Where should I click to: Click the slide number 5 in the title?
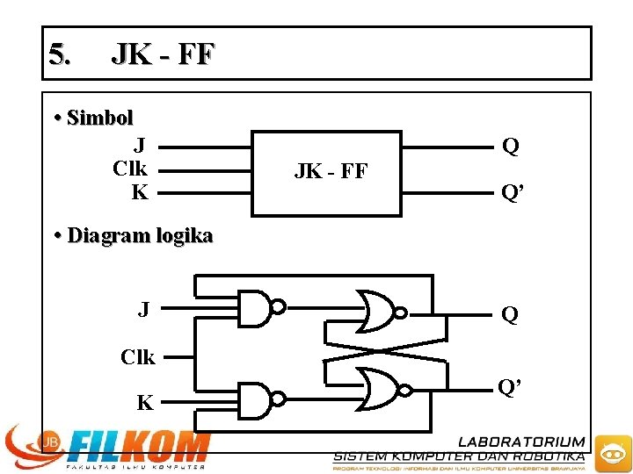58,55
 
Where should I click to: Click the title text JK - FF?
162,55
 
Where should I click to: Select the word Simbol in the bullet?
99,118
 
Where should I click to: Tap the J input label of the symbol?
140,145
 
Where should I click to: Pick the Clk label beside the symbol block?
130,168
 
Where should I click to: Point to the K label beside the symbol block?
140,191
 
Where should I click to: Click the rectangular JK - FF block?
327,173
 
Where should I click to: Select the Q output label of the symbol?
510,146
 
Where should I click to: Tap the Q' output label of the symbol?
513,191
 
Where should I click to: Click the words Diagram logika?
140,236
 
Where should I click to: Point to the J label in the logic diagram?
143,309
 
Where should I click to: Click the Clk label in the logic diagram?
138,357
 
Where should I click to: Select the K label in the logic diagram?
145,403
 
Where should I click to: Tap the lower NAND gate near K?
260,399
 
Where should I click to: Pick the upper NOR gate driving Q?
376,311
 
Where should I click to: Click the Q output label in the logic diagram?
509,314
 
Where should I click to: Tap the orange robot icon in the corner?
610,453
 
